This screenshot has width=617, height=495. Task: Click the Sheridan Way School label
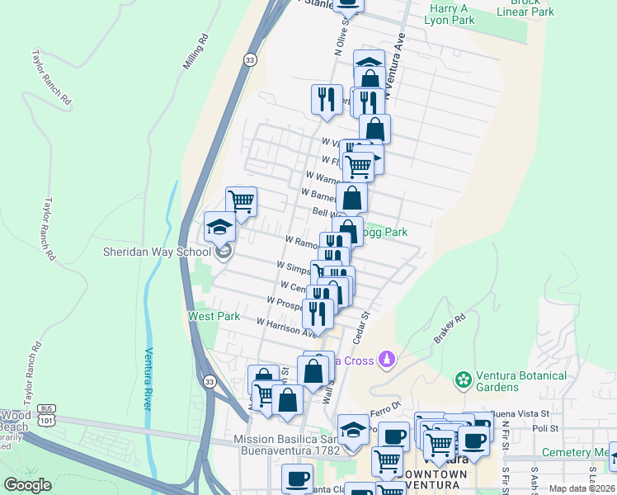point(153,252)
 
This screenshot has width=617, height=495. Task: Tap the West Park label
point(214,316)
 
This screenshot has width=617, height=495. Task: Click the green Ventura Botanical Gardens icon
point(464,379)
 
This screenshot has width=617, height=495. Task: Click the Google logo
point(28,485)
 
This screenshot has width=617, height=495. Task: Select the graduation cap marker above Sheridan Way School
point(220,227)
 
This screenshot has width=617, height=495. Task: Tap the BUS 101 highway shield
point(46,418)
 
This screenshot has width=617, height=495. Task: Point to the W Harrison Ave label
point(286,328)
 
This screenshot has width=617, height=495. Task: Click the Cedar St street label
point(360,327)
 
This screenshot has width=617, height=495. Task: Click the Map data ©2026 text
point(581,488)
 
